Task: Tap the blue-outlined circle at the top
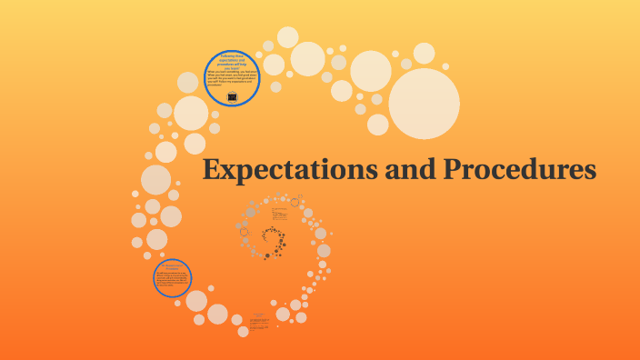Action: tap(233, 78)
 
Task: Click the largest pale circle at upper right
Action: tap(425, 104)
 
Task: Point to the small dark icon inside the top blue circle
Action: tap(233, 96)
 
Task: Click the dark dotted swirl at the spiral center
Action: tap(272, 242)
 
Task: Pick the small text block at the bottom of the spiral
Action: tap(258, 320)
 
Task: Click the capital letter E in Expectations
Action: tap(212, 170)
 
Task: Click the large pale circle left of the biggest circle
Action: tap(371, 71)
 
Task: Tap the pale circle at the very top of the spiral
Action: tap(287, 37)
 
